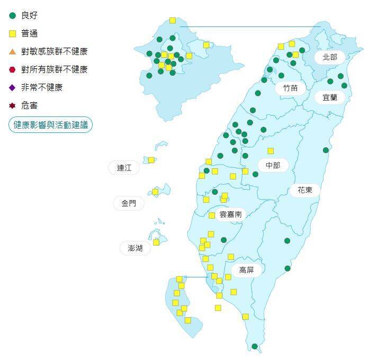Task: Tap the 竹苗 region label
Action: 290,87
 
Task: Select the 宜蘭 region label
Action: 329,97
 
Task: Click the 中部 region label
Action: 273,165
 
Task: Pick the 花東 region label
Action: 304,190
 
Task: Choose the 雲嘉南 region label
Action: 231,214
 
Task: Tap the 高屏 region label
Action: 246,270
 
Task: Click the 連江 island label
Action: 124,168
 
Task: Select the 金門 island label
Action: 129,203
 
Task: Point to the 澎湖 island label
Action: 131,248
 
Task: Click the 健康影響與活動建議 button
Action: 50,125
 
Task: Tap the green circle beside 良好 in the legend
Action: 13,15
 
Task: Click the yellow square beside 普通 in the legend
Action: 13,33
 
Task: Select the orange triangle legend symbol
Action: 13,51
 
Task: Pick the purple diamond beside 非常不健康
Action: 13,87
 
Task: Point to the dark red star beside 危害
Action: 13,106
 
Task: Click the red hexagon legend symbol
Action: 13,69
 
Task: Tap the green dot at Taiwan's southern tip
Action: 254,346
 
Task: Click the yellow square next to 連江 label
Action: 151,160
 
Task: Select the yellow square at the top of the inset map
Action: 173,20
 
